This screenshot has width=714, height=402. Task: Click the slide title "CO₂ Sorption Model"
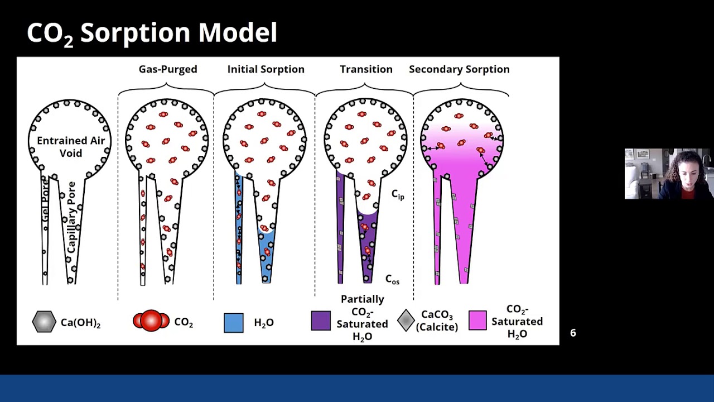click(152, 33)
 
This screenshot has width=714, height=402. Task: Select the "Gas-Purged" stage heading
click(168, 69)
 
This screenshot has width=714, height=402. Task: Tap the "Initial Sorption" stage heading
click(266, 69)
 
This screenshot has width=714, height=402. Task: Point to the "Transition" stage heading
click(366, 69)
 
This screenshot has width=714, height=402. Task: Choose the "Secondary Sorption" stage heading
click(459, 69)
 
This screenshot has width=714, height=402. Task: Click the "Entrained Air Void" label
click(71, 147)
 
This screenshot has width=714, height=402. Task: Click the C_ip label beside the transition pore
click(397, 194)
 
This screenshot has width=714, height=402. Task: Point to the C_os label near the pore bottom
click(392, 279)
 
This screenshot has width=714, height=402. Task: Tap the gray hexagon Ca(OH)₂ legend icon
click(44, 322)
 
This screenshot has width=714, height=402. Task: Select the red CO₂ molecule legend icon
click(151, 321)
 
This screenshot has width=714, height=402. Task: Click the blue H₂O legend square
click(234, 323)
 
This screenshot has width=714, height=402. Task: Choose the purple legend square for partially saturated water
click(321, 321)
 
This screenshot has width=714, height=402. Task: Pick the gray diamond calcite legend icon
click(406, 320)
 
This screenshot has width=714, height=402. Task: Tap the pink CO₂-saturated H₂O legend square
click(477, 321)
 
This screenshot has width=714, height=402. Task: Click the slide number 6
click(573, 333)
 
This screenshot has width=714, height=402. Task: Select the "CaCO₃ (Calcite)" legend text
click(437, 321)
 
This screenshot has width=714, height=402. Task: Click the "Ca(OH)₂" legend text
click(80, 323)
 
